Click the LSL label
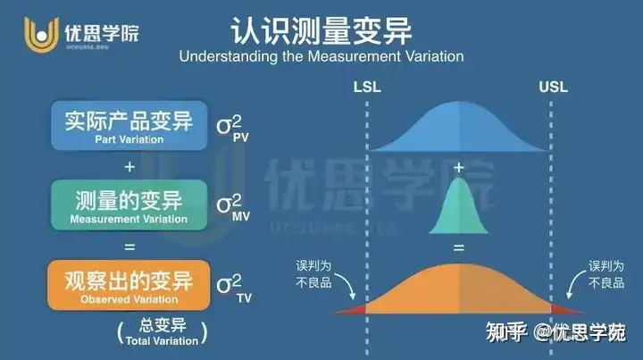[x=367, y=87]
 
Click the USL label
[x=553, y=87]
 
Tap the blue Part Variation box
[x=129, y=125]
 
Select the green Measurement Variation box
[x=129, y=205]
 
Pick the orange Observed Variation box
[x=129, y=285]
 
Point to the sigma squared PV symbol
[x=232, y=128]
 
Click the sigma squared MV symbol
[x=233, y=207]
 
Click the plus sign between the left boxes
[x=129, y=167]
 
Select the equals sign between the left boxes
[x=129, y=247]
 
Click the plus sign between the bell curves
[x=459, y=167]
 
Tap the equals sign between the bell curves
[x=459, y=247]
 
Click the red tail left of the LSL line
[x=353, y=310]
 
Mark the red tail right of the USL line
[x=566, y=310]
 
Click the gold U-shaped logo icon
[x=41, y=35]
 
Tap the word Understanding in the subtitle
[x=228, y=56]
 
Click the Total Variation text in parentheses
[x=162, y=340]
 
